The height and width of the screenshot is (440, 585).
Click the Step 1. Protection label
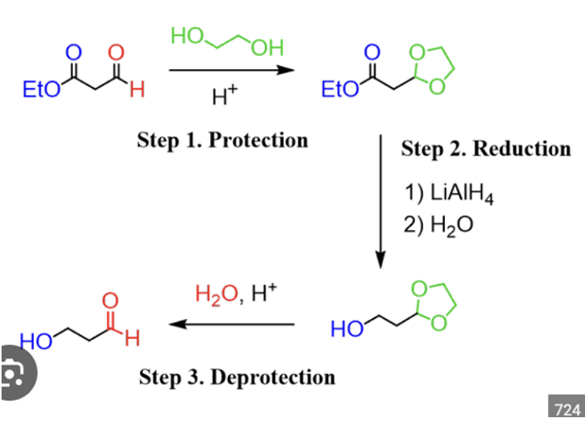tap(223, 141)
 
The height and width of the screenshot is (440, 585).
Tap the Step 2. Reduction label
tap(486, 148)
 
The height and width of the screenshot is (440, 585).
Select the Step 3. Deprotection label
tap(237, 377)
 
